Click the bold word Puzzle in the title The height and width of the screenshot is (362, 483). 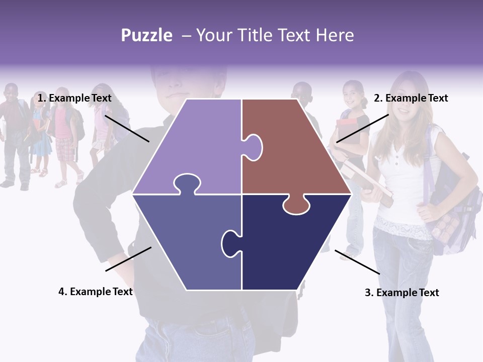tap(146, 35)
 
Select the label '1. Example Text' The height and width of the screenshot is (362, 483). tap(74, 99)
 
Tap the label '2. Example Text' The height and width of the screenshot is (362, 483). tap(411, 99)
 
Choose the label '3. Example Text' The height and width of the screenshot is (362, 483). tap(401, 293)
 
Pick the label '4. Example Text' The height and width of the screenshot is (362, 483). tap(96, 292)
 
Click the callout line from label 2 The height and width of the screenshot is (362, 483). tap(362, 128)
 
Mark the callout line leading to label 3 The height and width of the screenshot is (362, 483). tap(357, 262)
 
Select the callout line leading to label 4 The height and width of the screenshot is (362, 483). tap(128, 259)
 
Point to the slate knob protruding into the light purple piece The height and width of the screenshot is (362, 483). tap(186, 183)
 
